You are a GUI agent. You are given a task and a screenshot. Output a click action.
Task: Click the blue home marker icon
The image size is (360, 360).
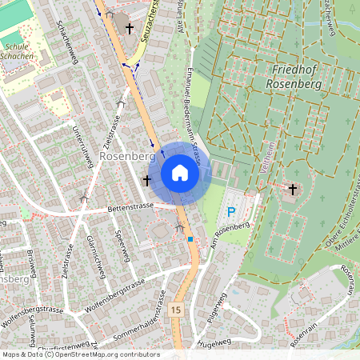click(180, 173)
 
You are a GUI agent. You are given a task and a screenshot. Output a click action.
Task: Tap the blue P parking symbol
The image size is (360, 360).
click(231, 212)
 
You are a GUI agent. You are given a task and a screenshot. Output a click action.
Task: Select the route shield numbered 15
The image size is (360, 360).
click(176, 309)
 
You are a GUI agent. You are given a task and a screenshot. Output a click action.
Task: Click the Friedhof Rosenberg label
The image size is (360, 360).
click(294, 75)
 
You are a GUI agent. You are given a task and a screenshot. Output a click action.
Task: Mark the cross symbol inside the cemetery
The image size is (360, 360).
click(293, 190)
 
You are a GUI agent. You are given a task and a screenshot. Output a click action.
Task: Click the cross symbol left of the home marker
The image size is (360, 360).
click(146, 181)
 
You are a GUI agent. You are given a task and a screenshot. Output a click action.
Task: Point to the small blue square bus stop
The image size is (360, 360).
click(190, 238)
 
